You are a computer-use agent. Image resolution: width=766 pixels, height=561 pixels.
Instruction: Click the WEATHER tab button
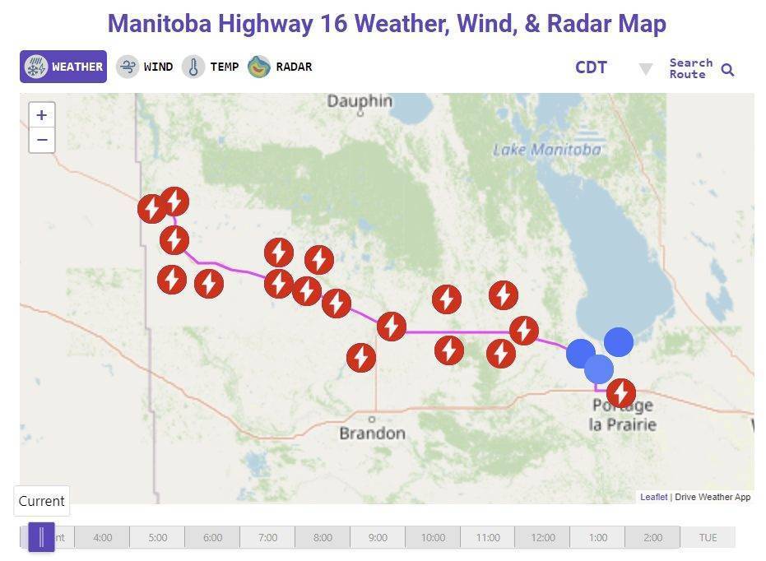(63, 67)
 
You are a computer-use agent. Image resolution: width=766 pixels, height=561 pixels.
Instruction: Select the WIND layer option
(145, 67)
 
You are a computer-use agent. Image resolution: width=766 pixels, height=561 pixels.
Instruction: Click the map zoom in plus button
(42, 115)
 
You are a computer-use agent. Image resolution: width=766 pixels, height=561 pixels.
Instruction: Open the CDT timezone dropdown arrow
(646, 69)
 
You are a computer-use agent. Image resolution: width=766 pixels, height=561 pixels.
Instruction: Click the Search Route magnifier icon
(727, 70)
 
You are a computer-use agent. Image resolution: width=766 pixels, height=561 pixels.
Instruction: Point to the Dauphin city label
(360, 101)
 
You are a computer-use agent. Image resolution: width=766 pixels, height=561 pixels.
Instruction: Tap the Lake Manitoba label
(546, 150)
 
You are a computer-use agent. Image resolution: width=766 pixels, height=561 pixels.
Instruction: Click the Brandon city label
(372, 433)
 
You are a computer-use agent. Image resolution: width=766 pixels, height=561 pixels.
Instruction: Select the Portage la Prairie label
(623, 415)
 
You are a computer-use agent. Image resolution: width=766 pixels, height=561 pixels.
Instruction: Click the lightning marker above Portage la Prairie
(621, 393)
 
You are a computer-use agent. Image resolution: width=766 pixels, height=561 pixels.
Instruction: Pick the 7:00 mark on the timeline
(267, 538)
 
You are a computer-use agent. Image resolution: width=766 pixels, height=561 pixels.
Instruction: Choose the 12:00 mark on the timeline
(542, 538)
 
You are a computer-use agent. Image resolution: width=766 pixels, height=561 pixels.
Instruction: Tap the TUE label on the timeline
(708, 538)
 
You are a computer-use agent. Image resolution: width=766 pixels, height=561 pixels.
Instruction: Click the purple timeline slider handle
(41, 537)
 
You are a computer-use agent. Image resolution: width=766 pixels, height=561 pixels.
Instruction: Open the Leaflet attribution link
(653, 497)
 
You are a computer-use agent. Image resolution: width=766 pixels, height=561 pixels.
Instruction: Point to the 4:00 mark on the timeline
(102, 538)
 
